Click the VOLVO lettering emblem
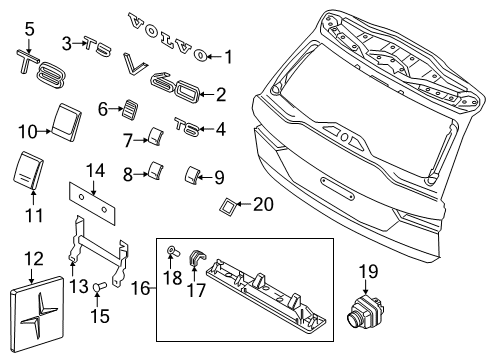(x=168, y=37)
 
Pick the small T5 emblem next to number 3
(x=97, y=46)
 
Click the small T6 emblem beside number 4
(x=187, y=127)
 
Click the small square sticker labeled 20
(x=228, y=205)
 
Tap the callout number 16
(x=140, y=288)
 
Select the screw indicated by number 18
(x=173, y=251)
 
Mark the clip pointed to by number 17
(x=196, y=257)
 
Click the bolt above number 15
(x=100, y=286)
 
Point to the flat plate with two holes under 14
(x=92, y=203)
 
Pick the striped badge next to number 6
(x=130, y=109)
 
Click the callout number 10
(x=28, y=132)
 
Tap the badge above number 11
(x=28, y=170)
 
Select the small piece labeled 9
(x=191, y=175)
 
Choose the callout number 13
(x=79, y=286)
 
